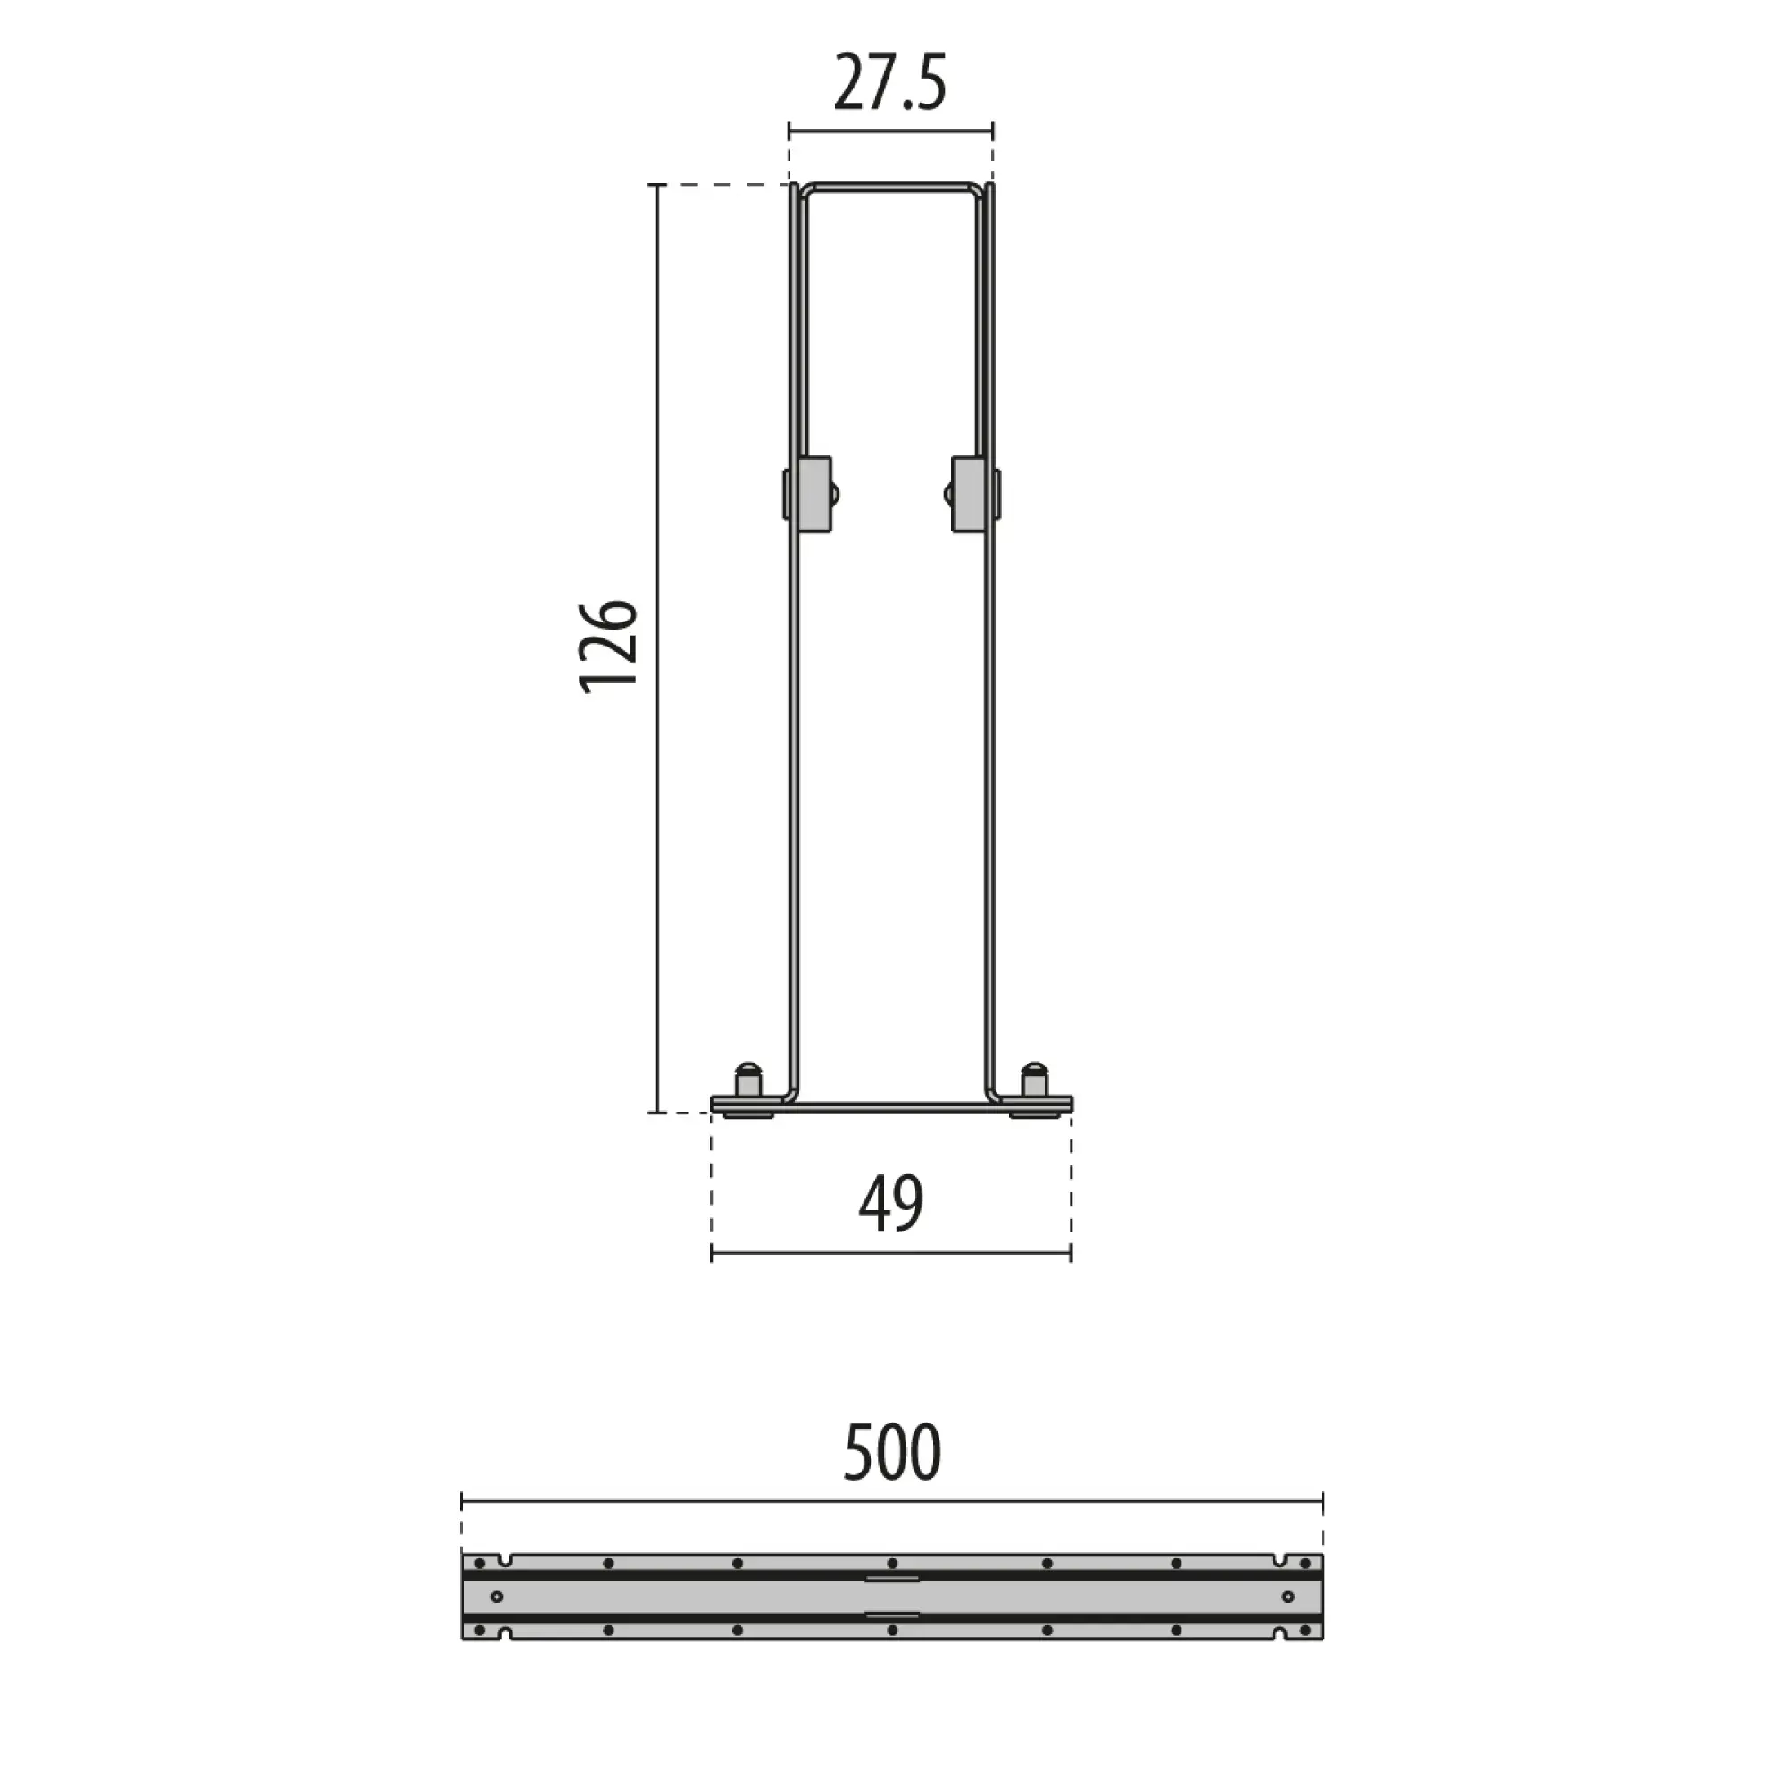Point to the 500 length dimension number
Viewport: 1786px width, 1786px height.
[892, 1453]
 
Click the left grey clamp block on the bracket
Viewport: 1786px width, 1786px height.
[811, 494]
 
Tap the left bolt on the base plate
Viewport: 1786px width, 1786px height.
[747, 1081]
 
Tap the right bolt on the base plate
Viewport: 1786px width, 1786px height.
[1033, 1081]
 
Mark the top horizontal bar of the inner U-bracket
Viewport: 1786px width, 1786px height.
[890, 188]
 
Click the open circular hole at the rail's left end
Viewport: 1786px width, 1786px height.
[497, 1598]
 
